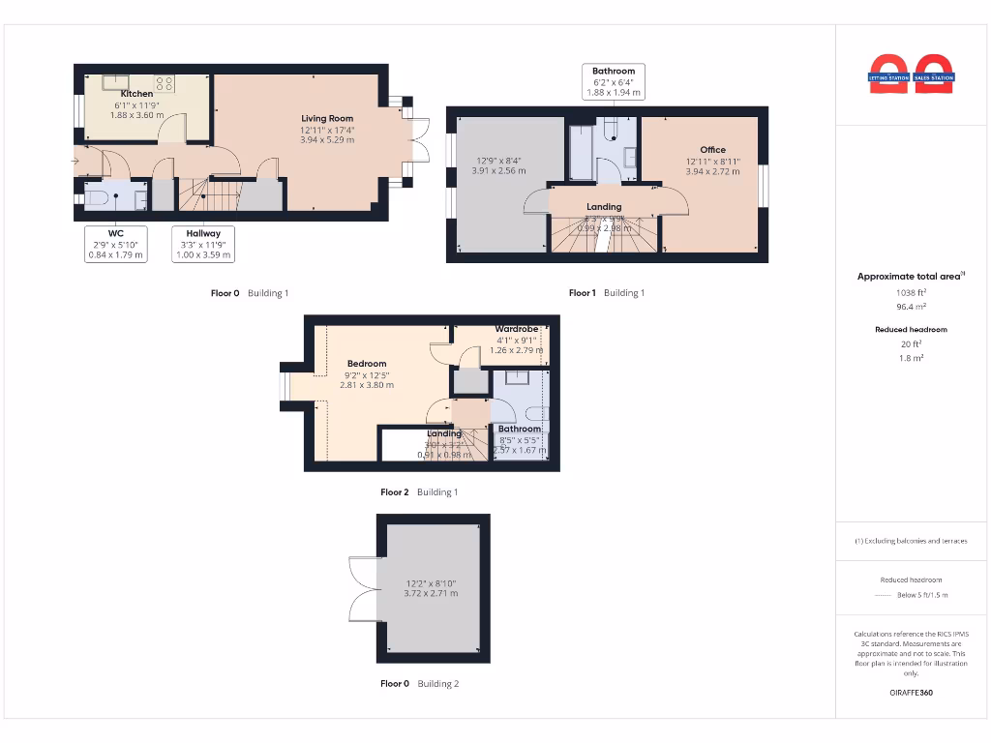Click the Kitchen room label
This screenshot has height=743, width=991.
(x=136, y=94)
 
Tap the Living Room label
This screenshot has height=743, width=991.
(x=327, y=118)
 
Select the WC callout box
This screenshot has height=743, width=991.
(x=115, y=244)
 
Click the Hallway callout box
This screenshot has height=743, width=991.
(x=203, y=244)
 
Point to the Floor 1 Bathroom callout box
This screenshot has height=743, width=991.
(x=614, y=81)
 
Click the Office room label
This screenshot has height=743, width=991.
(x=712, y=150)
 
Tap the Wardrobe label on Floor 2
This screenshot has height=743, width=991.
(x=516, y=329)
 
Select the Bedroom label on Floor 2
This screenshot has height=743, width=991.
(x=367, y=364)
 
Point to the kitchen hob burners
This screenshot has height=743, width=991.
(x=164, y=84)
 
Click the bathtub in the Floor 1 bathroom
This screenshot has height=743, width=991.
(x=581, y=151)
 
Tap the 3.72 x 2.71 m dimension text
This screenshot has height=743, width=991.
(x=431, y=593)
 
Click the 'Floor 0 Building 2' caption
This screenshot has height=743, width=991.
(x=419, y=684)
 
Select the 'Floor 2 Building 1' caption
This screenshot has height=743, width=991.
(x=419, y=492)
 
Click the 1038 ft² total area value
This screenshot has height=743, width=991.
(x=911, y=292)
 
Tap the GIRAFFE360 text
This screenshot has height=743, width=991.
(x=911, y=693)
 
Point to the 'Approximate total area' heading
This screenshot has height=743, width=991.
(x=910, y=277)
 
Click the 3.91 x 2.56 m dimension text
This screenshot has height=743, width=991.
(x=498, y=170)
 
